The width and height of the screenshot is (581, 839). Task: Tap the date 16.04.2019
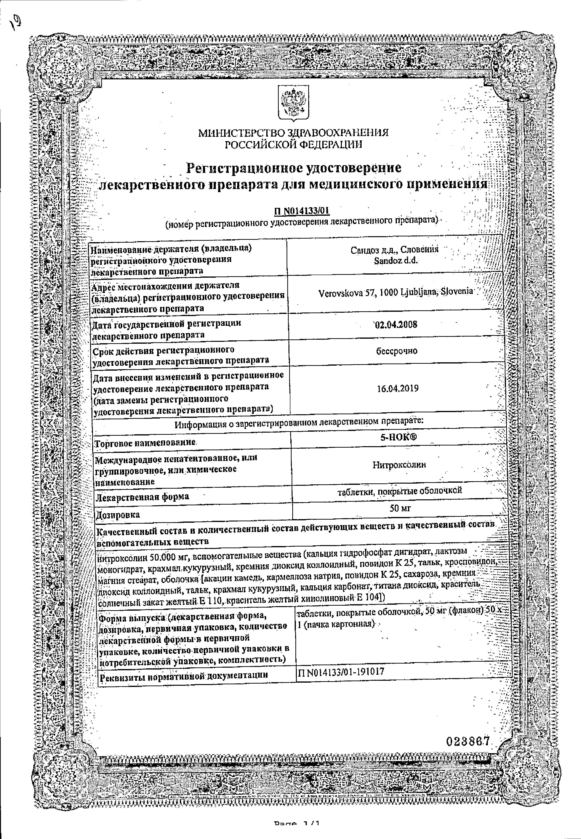tap(398, 388)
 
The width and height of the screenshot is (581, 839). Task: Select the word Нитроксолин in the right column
tap(399, 465)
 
